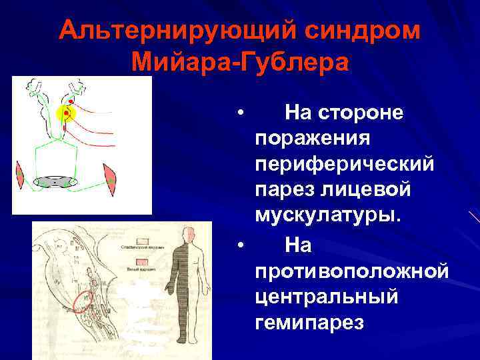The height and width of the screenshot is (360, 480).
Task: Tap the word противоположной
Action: pos(351,271)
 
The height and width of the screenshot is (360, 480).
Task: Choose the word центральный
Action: pos(327,297)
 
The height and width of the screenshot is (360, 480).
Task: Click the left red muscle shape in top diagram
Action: pos(22,175)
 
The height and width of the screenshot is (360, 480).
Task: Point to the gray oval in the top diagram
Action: pos(56,181)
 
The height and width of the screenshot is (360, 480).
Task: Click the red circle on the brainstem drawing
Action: pos(83,301)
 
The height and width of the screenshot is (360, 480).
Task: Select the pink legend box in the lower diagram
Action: pos(143,262)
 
